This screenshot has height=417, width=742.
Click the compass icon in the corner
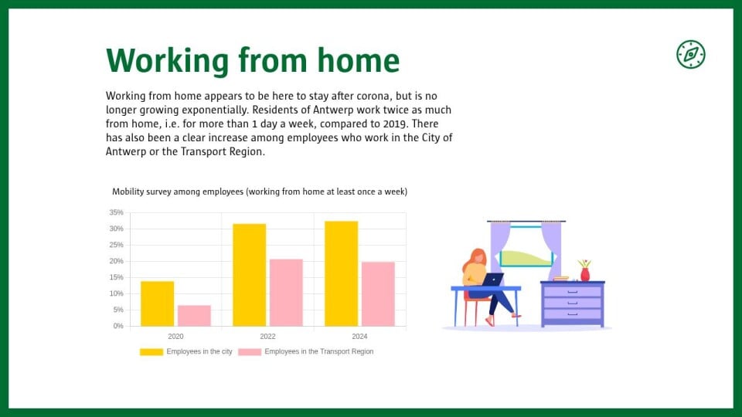690,54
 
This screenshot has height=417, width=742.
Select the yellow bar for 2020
158,303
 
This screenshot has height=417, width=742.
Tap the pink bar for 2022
286,293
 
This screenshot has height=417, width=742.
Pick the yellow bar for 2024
341,273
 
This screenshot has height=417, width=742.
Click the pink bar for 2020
195,316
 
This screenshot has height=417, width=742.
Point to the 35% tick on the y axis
117,213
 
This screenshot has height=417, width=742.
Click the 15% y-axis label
117,277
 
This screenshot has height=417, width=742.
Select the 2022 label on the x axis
267,337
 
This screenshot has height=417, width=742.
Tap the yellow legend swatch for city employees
151,352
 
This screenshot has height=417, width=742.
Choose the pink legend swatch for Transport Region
250,352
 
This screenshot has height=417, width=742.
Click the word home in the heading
358,60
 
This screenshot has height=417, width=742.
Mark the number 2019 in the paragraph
395,124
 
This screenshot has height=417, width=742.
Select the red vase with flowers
585,270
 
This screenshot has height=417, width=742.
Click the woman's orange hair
474,259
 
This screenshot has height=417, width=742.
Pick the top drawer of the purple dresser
573,292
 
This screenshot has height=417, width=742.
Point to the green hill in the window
526,258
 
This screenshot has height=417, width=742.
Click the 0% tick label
117,326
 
